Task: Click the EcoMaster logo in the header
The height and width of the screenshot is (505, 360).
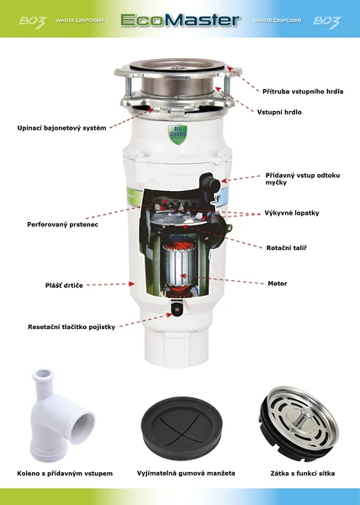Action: point(181,20)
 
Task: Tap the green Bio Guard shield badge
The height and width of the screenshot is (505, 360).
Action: point(177,134)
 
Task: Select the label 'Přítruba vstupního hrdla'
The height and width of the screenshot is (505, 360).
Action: point(303,92)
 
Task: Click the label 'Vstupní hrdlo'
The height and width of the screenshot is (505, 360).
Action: point(279,112)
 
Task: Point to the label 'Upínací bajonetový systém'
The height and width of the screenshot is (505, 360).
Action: point(61,128)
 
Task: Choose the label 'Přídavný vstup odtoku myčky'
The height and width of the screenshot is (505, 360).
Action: point(303,178)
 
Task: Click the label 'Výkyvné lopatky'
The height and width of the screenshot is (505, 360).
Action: point(292,213)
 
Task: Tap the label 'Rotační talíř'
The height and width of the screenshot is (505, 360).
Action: point(286,247)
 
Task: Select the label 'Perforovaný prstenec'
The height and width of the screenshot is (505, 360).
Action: point(62,225)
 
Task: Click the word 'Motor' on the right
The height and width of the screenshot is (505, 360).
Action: point(278,284)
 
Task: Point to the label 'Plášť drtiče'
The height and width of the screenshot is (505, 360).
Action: point(64,285)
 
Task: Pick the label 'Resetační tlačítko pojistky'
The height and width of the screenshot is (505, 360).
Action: point(71,327)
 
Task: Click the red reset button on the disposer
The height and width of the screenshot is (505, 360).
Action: point(177,310)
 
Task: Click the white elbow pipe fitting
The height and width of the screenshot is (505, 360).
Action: point(61,415)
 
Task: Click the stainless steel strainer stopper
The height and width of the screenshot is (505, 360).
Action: point(299,423)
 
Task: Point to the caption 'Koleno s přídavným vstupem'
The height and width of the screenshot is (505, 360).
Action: point(65,473)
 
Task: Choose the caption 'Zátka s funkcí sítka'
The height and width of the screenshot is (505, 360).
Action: point(303,473)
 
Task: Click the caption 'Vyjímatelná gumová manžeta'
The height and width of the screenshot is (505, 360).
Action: point(186,473)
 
